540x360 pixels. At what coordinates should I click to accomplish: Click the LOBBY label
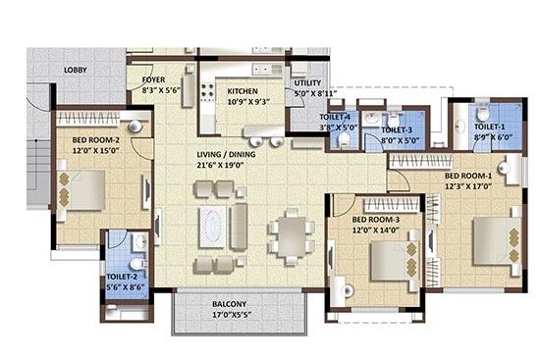(x=76, y=70)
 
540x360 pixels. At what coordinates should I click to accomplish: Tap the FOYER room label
(x=153, y=79)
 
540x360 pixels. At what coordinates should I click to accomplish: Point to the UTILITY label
(x=307, y=83)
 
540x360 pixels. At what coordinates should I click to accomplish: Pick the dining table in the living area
(x=292, y=236)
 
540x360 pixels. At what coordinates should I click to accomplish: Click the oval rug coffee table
(x=212, y=227)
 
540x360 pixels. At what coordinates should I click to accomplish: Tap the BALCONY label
(x=230, y=304)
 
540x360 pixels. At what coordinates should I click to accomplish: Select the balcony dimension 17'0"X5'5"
(x=231, y=315)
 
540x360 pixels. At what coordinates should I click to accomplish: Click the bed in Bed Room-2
(x=84, y=190)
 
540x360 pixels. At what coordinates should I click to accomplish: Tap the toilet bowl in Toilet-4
(x=344, y=140)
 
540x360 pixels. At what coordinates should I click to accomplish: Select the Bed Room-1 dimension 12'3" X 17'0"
(x=468, y=186)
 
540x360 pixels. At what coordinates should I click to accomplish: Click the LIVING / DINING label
(x=226, y=155)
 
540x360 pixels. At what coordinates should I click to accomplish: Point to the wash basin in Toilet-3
(x=371, y=118)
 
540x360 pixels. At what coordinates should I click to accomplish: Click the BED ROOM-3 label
(x=376, y=220)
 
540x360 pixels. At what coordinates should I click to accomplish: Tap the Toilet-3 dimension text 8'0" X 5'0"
(x=400, y=140)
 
